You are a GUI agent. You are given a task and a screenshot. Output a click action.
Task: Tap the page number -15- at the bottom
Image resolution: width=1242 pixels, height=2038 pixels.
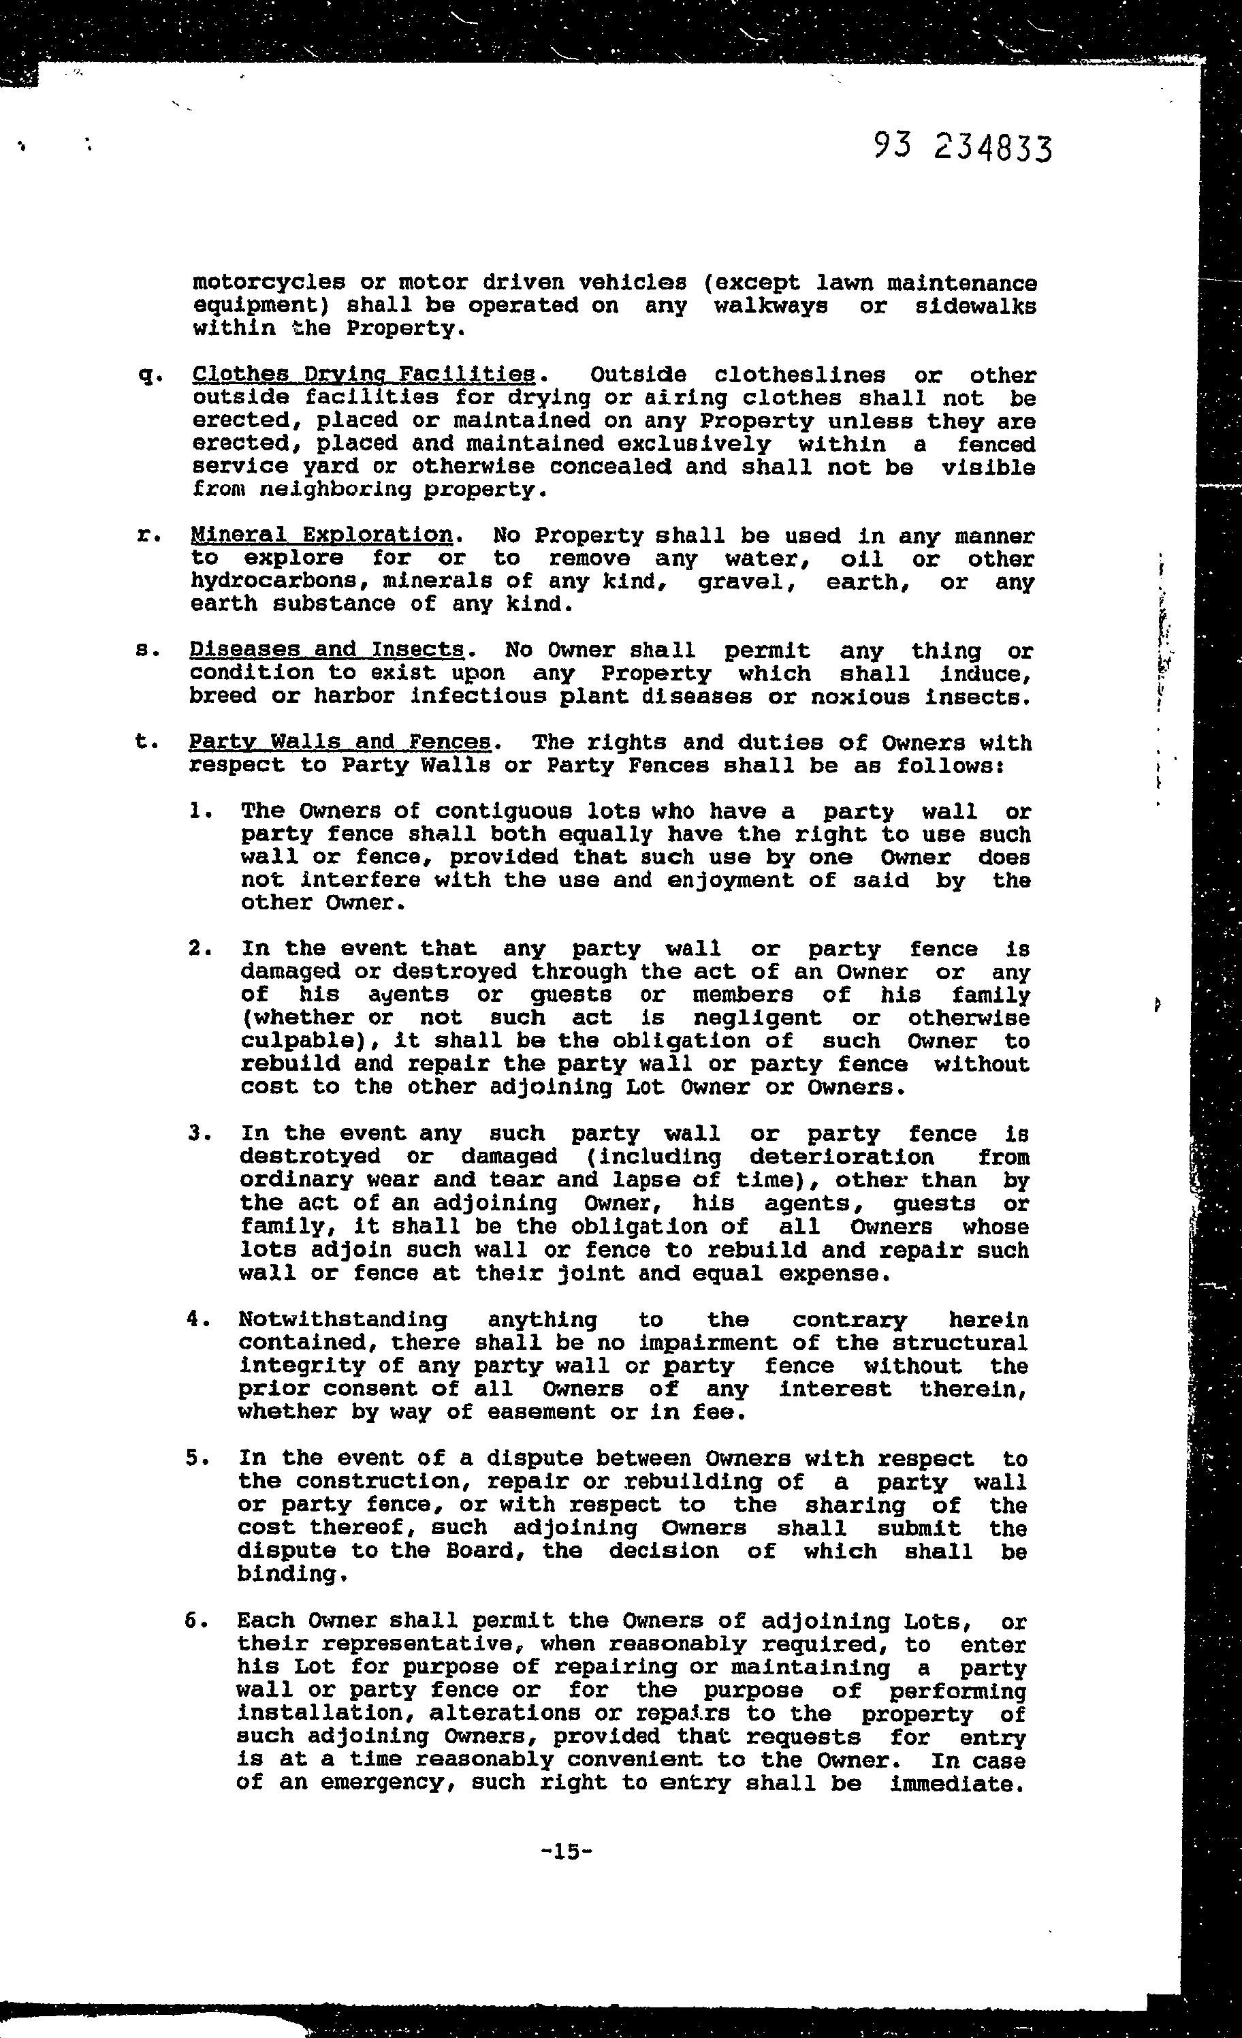point(566,1851)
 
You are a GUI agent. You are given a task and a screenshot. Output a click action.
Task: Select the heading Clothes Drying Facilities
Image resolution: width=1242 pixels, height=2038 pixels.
point(364,375)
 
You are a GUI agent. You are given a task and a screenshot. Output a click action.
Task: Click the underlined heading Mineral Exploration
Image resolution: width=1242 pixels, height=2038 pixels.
point(321,535)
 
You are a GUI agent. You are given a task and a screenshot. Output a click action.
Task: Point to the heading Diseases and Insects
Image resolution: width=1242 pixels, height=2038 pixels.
point(327,650)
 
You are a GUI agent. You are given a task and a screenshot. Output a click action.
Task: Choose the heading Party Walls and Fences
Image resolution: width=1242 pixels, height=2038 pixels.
point(340,742)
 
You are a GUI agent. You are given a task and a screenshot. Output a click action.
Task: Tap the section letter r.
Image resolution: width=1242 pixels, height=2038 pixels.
point(146,536)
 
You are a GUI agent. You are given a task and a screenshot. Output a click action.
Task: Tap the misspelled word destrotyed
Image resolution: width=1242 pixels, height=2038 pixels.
point(310,1157)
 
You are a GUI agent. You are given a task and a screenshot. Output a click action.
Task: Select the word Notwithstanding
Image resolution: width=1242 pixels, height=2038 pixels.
point(343,1320)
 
